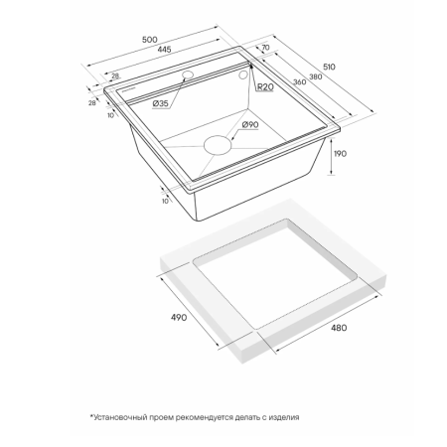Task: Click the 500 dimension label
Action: [x=150, y=40]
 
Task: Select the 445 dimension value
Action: [x=164, y=50]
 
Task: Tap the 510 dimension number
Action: [x=329, y=67]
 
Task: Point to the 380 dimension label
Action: [x=316, y=76]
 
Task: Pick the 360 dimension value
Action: [x=300, y=81]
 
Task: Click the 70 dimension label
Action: [x=265, y=48]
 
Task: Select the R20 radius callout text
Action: [x=265, y=87]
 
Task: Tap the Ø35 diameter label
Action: [x=161, y=103]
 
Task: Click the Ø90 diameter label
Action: [x=250, y=125]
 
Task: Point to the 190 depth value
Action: [x=340, y=154]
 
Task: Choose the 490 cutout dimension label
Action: [x=179, y=317]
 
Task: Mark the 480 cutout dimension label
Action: [x=339, y=328]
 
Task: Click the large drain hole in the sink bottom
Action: [x=218, y=145]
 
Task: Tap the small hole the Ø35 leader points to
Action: [x=188, y=74]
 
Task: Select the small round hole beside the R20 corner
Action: [x=243, y=74]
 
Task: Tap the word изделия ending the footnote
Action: [x=284, y=417]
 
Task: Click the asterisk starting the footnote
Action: [x=91, y=415]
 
